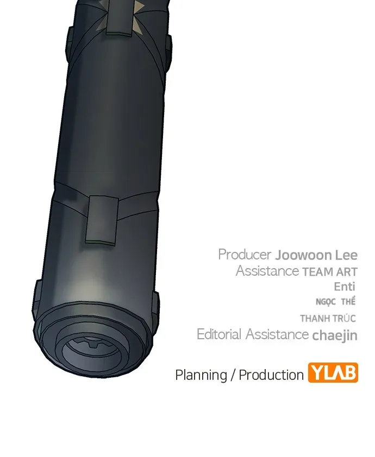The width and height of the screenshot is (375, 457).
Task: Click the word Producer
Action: (245, 255)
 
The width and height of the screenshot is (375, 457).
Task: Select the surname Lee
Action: (346, 255)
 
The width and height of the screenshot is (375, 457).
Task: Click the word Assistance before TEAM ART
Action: (267, 271)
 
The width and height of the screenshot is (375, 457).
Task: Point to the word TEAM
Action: (317, 272)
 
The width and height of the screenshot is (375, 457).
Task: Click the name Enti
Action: (345, 287)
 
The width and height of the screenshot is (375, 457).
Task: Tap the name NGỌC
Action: (326, 302)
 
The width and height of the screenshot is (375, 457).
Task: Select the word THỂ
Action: (348, 301)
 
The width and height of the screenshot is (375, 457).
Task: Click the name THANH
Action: (314, 319)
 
